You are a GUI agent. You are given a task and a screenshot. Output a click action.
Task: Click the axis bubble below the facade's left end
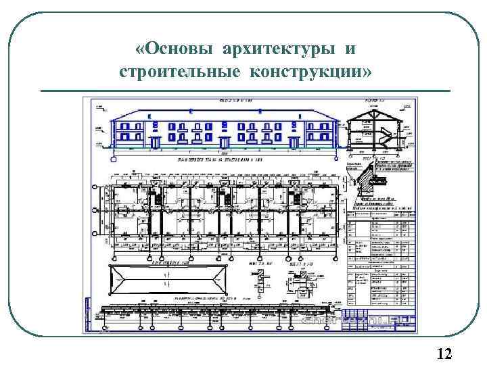[113, 158]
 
